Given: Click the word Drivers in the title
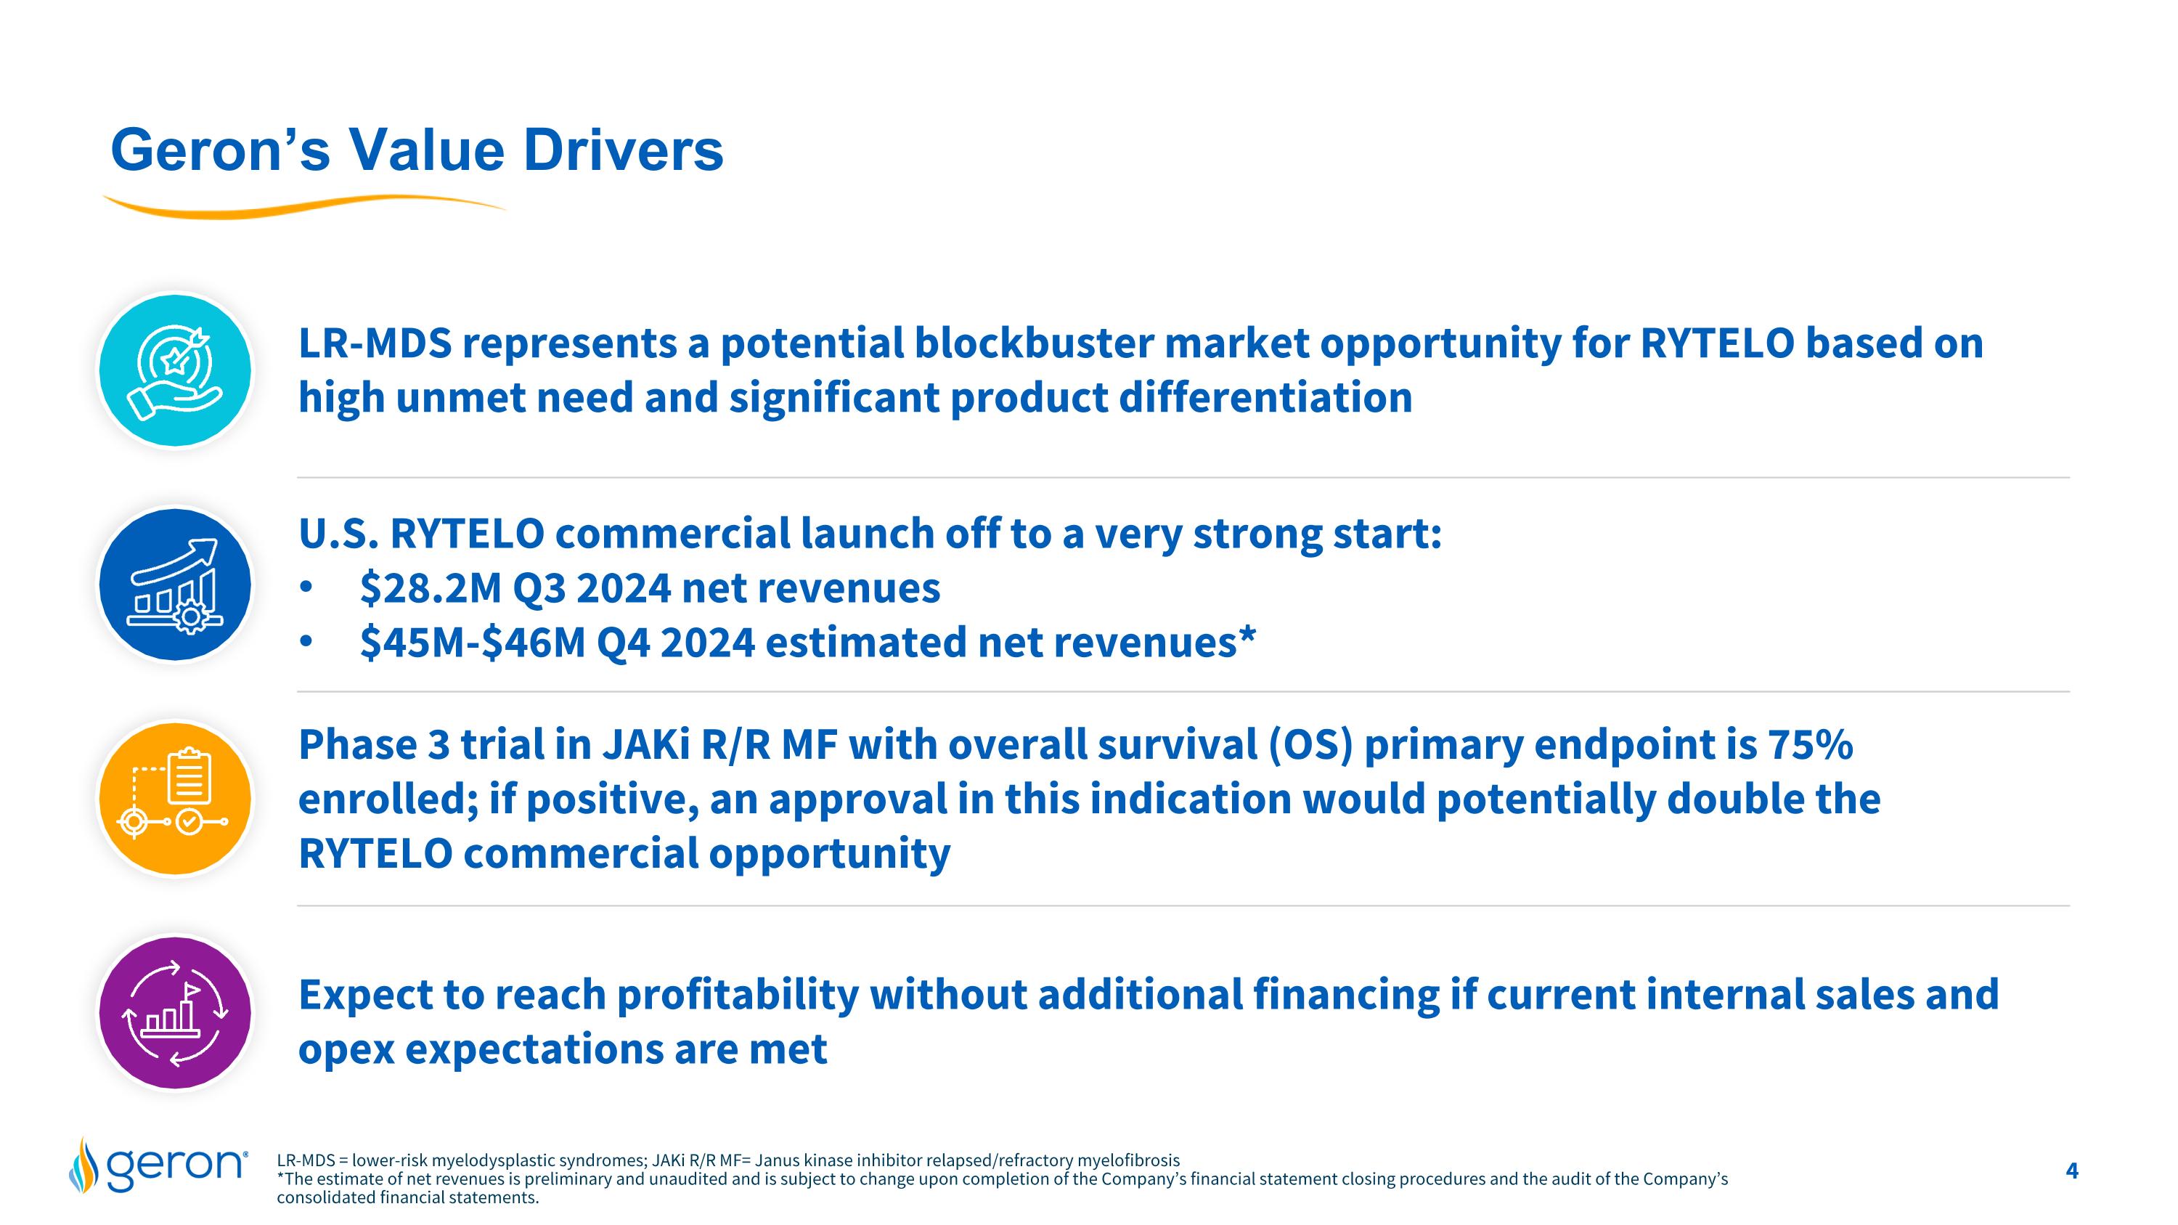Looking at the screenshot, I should [x=622, y=150].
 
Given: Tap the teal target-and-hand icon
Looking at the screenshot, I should [x=175, y=370].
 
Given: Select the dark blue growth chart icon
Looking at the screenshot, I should [x=175, y=584].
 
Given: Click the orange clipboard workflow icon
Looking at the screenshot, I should [x=175, y=798].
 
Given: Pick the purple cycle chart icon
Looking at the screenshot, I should [x=175, y=1012].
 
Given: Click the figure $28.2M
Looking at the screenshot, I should [x=431, y=588].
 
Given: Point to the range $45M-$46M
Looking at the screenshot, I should [x=472, y=643].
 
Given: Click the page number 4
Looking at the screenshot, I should [x=2071, y=1171].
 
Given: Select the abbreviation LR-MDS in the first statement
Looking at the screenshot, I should [x=375, y=344].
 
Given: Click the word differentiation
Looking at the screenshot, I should [x=1265, y=398].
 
